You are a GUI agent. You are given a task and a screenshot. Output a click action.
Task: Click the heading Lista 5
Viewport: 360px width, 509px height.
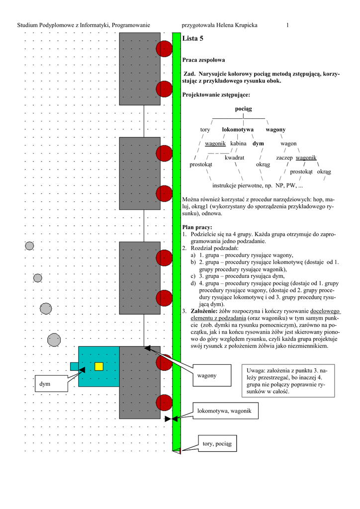click(193, 38)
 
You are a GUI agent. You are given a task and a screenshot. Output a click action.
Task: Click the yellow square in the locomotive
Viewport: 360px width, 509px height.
click(99, 366)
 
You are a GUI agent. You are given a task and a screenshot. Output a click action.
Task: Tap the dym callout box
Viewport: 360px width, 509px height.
click(51, 383)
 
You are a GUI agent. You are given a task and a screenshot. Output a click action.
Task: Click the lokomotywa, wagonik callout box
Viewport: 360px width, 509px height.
click(225, 411)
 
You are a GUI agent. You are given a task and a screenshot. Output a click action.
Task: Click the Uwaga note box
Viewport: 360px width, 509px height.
click(287, 381)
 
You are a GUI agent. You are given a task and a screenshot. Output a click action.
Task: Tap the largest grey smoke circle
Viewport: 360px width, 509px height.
click(54, 340)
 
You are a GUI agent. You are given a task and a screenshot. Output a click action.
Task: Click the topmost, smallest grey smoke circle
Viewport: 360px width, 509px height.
click(29, 246)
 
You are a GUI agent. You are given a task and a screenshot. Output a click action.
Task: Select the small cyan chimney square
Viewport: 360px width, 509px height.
click(74, 366)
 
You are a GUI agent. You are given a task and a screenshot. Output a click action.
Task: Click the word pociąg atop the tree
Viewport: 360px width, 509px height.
click(244, 109)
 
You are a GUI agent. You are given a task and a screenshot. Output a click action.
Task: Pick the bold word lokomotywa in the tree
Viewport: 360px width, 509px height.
click(238, 130)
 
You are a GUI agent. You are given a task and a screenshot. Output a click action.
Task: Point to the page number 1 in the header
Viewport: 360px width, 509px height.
click(287, 25)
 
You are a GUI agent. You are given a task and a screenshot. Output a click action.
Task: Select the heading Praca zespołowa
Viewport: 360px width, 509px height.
click(204, 60)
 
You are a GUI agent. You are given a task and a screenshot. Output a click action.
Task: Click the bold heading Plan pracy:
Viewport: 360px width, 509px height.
click(197, 227)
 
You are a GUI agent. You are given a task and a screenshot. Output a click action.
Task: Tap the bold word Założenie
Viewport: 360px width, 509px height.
click(205, 311)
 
